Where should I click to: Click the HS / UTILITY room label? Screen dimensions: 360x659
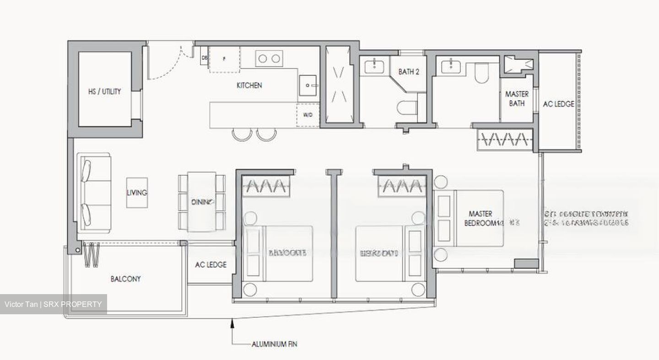coord(104,91)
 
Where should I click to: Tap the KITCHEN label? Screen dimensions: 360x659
coord(249,85)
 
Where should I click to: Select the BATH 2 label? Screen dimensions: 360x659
coord(409,72)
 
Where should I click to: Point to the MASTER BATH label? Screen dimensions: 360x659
coord(517,99)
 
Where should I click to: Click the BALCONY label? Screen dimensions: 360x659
coord(125,279)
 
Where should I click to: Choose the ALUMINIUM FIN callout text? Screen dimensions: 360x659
coord(274,344)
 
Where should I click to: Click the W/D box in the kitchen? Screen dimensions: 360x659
coord(307,115)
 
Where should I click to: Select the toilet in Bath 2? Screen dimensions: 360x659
coord(407,108)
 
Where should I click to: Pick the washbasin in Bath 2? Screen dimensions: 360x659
coord(374,67)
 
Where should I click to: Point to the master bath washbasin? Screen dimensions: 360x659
coord(451,66)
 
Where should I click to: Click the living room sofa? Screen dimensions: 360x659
coord(94,193)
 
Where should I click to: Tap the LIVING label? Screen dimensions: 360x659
coord(137,193)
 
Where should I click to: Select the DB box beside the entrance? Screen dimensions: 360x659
coord(205,58)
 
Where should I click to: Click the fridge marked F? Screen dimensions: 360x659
coord(225,59)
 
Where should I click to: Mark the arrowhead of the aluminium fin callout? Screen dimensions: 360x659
coord(232,323)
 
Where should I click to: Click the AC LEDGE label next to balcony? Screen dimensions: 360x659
coord(211,265)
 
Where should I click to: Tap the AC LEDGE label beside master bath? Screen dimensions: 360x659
coord(558,104)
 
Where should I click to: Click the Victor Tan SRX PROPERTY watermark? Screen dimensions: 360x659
coord(53,305)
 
